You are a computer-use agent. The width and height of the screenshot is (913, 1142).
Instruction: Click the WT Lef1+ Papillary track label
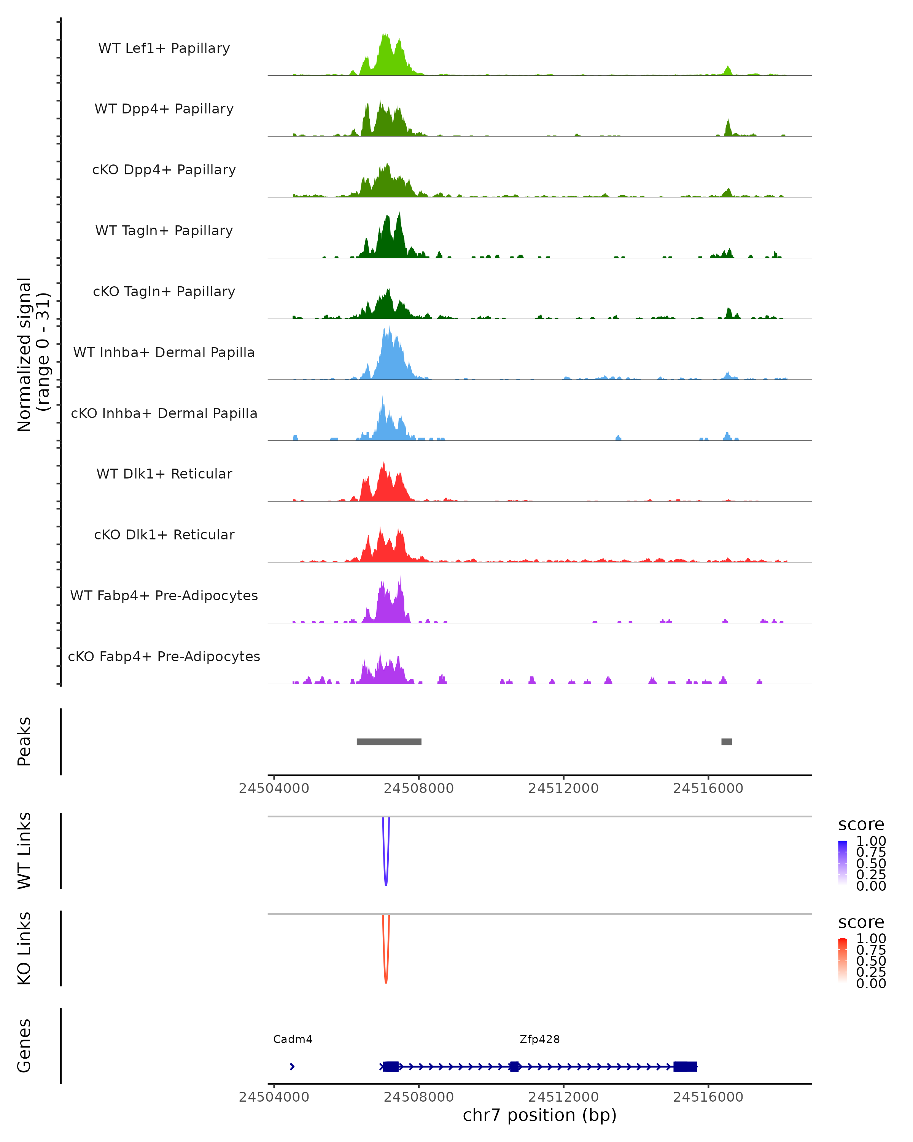click(164, 48)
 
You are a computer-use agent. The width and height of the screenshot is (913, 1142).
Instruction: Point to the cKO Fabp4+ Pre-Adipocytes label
click(164, 656)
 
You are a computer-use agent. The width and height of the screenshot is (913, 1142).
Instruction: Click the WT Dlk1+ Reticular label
click(164, 474)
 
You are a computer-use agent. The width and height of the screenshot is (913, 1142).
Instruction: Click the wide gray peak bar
click(389, 742)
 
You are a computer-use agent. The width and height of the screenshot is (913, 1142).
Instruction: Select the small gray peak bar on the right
click(727, 742)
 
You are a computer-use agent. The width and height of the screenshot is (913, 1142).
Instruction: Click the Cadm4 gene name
click(293, 1039)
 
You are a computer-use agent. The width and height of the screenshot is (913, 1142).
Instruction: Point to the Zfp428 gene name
click(539, 1039)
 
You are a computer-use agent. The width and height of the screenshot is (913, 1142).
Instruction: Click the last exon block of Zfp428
click(685, 1066)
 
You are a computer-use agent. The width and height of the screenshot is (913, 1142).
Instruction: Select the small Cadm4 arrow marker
click(292, 1066)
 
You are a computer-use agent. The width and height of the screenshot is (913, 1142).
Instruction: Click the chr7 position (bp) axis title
click(539, 1115)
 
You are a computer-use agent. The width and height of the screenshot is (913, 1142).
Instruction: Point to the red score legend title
click(861, 922)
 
